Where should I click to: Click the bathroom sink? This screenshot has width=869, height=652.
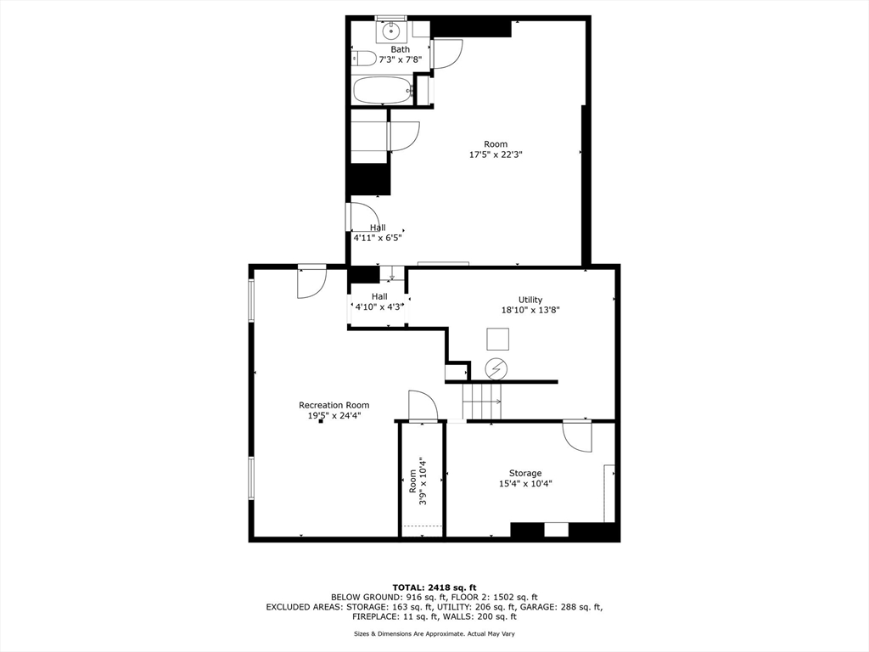(x=391, y=32)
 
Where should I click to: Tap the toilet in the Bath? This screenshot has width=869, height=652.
(x=364, y=59)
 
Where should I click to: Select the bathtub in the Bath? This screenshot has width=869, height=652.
(x=382, y=90)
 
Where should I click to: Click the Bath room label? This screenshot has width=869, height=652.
(x=400, y=49)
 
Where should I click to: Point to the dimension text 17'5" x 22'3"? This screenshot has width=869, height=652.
(x=496, y=155)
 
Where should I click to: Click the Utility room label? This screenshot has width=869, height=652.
(x=530, y=300)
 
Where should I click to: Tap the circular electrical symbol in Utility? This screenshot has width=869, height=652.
(x=496, y=368)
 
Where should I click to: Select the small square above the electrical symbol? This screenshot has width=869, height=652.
(x=497, y=339)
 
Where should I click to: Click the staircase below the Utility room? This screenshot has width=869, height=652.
(x=481, y=401)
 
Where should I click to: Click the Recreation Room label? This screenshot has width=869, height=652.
(x=334, y=405)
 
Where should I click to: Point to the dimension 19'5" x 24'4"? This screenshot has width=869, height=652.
(x=334, y=416)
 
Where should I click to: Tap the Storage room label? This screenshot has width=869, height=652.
(x=525, y=473)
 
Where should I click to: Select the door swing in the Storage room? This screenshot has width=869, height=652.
(x=577, y=436)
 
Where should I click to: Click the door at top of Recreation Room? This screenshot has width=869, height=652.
(x=311, y=282)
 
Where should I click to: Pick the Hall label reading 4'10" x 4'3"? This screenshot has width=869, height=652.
(x=378, y=301)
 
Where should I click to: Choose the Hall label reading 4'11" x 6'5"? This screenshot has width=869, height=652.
(x=378, y=233)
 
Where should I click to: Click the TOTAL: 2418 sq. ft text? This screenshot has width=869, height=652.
(x=434, y=587)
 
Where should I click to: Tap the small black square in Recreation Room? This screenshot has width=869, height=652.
(x=321, y=422)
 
